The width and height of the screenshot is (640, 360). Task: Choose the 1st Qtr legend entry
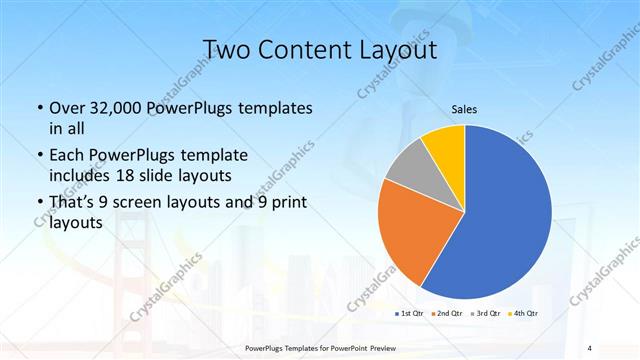408,313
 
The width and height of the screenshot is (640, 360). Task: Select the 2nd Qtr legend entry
446,313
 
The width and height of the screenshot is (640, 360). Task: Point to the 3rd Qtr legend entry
484,313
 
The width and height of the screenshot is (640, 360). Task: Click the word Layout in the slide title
399,49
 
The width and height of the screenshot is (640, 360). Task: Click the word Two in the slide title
227,49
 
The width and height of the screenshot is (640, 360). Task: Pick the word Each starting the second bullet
67,155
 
